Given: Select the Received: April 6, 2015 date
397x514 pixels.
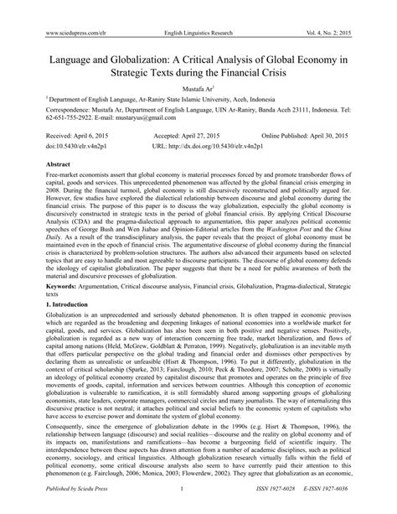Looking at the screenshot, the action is coord(64,134).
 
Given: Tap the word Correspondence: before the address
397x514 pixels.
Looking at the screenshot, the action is coord(50,108).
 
